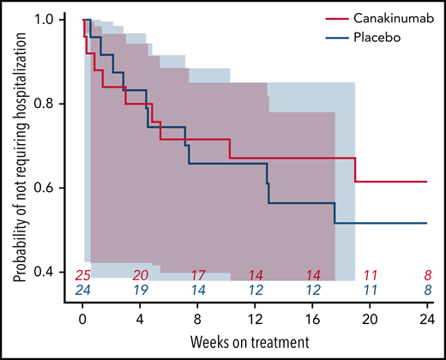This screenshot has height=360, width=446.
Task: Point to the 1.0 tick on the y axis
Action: coord(53,19)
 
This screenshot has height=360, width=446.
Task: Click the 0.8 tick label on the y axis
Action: coord(53,104)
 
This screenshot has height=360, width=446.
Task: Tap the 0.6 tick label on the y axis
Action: coord(53,188)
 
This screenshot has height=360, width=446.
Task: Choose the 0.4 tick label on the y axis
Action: coord(53,272)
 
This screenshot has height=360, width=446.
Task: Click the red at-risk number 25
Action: coord(82,275)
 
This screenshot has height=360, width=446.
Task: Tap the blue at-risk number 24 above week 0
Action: coord(82,291)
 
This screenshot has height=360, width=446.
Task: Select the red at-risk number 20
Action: coord(141,275)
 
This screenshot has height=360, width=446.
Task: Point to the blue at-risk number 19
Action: coord(141,291)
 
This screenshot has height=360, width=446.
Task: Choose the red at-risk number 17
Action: coord(198,275)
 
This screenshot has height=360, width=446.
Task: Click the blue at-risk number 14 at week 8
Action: coord(198,291)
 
